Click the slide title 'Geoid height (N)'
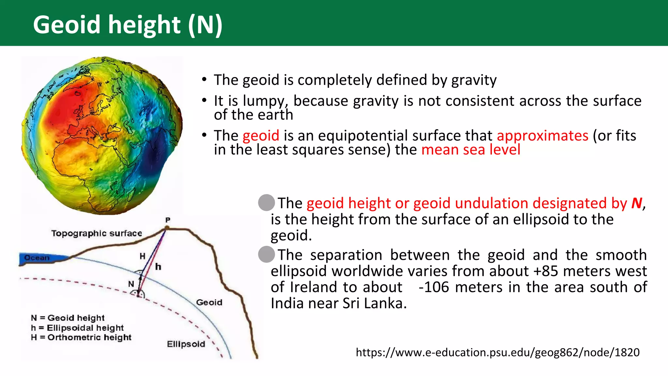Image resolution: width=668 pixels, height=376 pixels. [128, 25]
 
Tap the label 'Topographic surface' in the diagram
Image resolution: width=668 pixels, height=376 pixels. [97, 233]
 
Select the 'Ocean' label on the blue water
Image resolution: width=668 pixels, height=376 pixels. [37, 258]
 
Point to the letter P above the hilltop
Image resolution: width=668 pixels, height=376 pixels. [168, 220]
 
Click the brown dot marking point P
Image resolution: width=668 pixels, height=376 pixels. [167, 228]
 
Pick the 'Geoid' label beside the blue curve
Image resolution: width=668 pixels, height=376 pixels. [209, 303]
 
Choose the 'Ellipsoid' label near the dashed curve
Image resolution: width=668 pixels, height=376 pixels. [186, 344]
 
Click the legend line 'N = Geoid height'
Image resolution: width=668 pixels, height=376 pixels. [68, 318]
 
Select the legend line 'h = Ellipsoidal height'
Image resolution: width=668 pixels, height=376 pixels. [77, 328]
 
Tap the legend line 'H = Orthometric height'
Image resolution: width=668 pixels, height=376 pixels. [81, 337]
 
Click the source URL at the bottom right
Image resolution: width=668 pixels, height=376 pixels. [497, 352]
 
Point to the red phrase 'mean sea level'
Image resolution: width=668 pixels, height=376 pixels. [471, 150]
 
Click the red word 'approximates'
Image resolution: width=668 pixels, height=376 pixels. [542, 135]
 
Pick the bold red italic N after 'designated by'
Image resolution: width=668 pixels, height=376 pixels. [637, 203]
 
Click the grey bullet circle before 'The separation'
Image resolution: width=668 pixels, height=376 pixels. [266, 255]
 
